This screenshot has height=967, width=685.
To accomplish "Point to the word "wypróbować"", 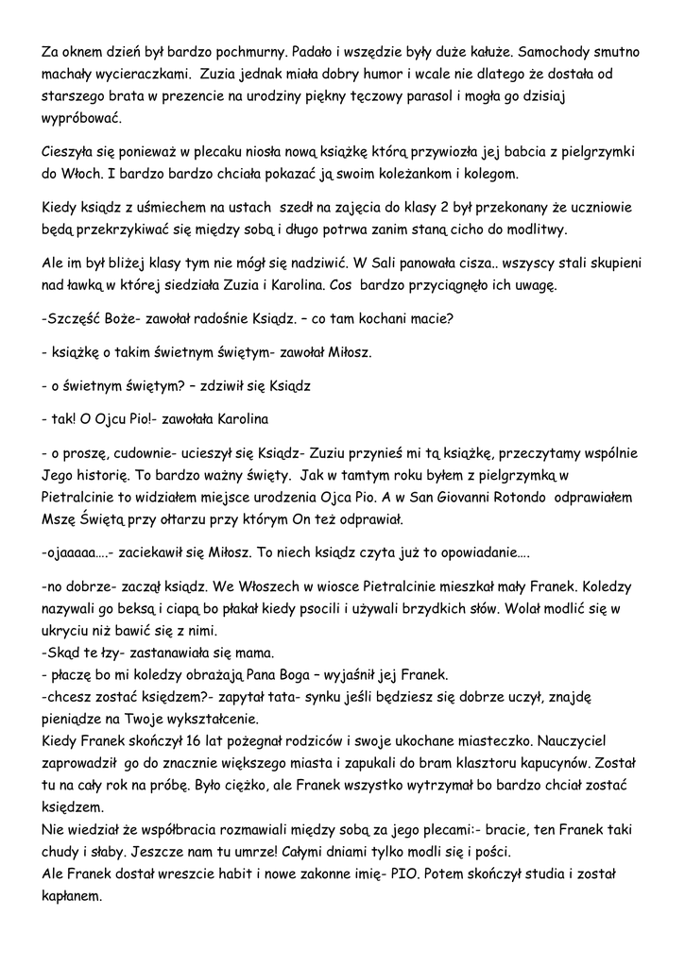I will point(82,120).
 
